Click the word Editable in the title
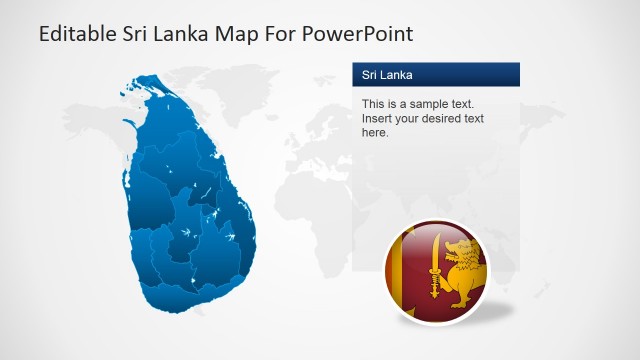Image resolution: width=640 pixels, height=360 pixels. pos(73,34)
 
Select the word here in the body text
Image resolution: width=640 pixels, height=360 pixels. pos(374,132)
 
